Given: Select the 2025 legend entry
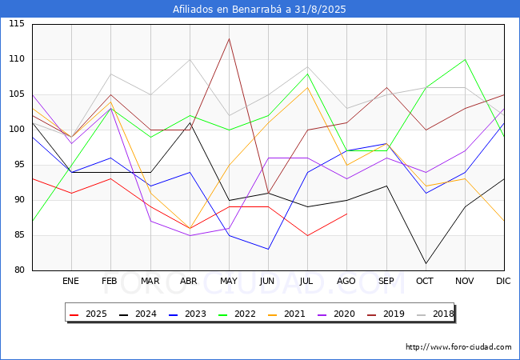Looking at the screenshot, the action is click(x=88, y=314).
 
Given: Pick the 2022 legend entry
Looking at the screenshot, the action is click(x=237, y=314).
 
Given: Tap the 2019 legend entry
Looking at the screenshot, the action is click(x=386, y=314).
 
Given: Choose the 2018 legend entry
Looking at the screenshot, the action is click(x=435, y=314).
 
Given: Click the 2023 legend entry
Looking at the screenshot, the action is click(x=187, y=314).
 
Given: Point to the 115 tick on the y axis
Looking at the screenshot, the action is click(x=17, y=24).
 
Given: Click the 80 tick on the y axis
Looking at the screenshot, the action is click(x=19, y=270).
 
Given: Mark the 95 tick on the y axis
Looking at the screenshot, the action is click(x=19, y=165).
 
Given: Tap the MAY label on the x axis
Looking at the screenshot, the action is click(x=229, y=281).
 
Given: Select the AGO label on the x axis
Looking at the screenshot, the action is click(x=346, y=281).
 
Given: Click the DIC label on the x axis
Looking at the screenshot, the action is click(x=503, y=281).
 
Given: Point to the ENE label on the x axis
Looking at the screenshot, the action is click(x=70, y=281).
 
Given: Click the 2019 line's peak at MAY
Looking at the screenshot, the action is click(x=229, y=38).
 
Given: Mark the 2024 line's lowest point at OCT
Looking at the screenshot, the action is click(x=426, y=263).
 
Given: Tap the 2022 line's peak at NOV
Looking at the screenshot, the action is click(x=466, y=60).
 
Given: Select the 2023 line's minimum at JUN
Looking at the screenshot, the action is click(x=268, y=250).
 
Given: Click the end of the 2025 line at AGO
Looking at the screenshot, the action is click(x=347, y=214).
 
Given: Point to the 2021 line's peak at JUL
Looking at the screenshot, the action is click(x=308, y=87).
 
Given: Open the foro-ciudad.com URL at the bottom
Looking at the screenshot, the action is click(x=458, y=347).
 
